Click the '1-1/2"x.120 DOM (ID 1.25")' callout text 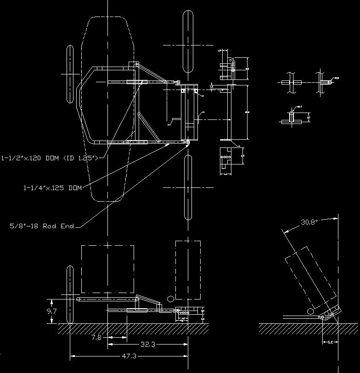(50, 158)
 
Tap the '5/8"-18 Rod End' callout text (42, 226)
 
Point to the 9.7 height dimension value (52, 311)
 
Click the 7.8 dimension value (96, 338)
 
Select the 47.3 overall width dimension (129, 356)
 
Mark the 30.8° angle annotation (309, 222)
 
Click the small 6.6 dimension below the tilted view (330, 342)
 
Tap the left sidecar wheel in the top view (70, 74)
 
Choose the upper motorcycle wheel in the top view (187, 41)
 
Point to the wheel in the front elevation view (70, 294)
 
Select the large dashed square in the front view (107, 269)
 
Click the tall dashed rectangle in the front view (188, 269)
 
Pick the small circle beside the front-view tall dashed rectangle (171, 299)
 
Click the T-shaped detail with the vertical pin (291, 117)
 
